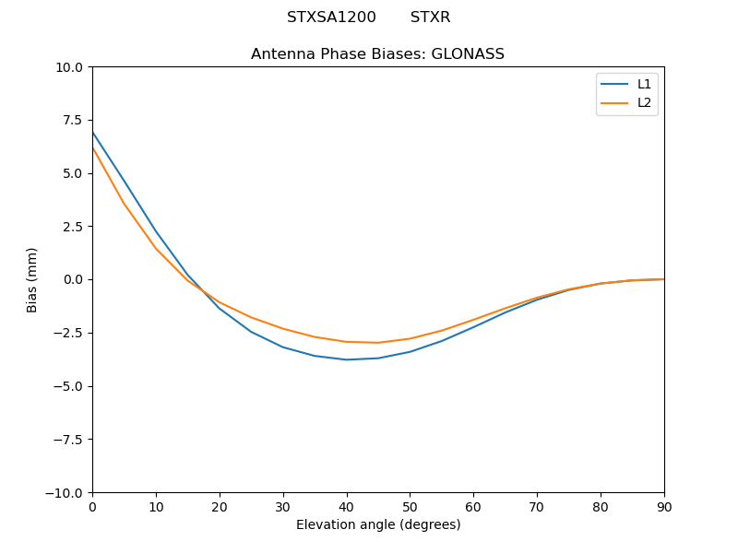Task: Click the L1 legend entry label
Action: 644,84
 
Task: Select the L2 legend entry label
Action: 644,102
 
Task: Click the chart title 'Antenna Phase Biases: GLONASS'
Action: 377,54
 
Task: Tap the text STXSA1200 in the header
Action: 331,18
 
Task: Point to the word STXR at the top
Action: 430,18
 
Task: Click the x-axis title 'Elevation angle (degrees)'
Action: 377,525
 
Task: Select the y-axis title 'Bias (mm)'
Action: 32,279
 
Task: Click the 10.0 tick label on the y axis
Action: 68,67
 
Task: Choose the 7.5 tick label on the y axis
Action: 72,121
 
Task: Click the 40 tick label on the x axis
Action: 346,506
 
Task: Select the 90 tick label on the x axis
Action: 664,506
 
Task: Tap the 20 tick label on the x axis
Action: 220,506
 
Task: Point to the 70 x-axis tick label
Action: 537,506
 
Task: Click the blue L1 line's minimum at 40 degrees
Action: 347,359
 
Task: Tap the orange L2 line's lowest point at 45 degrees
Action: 378,343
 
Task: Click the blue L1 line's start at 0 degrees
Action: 93,133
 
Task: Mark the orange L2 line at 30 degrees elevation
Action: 283,329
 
